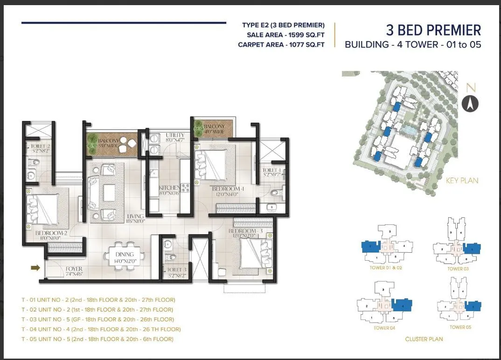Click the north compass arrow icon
tap(470, 103)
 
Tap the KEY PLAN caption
tap(462, 180)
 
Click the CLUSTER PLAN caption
tap(424, 339)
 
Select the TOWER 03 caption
tap(458, 269)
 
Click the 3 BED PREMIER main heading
tap(433, 30)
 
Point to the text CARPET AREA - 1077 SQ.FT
tap(281, 44)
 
